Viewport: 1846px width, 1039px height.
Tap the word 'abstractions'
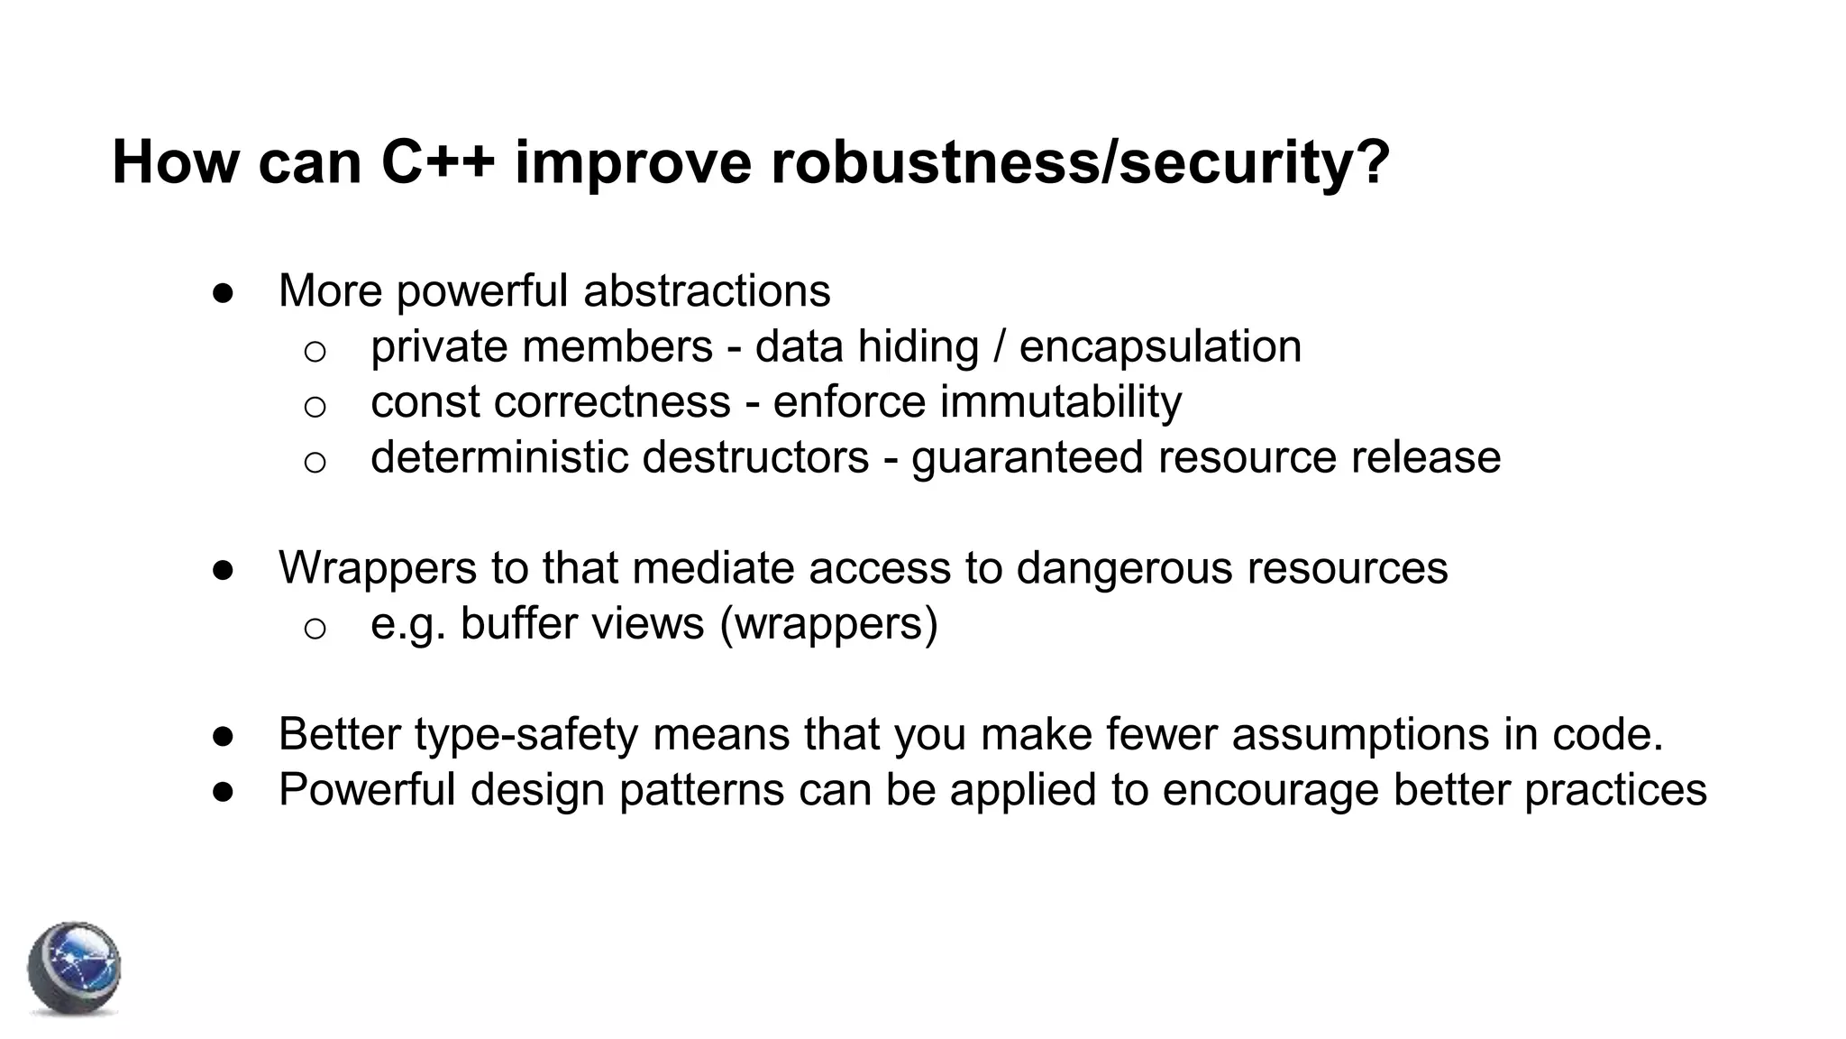(x=707, y=290)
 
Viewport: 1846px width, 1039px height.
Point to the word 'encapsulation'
(x=1160, y=346)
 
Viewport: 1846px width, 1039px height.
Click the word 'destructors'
(x=755, y=457)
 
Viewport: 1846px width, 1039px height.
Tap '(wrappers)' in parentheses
(x=828, y=623)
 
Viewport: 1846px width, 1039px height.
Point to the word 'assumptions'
(x=1359, y=734)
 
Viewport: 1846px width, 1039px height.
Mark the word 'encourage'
(x=1270, y=790)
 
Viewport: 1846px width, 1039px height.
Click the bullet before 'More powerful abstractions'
(x=224, y=292)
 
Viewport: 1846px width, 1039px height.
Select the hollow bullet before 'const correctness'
(x=315, y=407)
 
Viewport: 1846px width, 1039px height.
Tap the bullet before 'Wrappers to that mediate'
(x=224, y=570)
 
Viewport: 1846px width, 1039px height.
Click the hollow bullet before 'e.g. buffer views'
(x=315, y=628)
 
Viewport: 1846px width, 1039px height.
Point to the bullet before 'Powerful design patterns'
(x=224, y=791)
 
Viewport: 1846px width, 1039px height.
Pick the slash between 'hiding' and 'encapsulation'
(x=999, y=346)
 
